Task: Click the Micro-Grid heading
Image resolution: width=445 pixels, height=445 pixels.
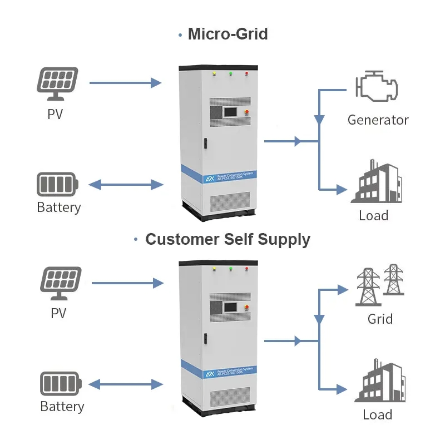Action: click(x=228, y=34)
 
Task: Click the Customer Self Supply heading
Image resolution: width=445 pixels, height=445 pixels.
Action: click(x=228, y=240)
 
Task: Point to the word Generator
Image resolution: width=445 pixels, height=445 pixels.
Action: click(x=378, y=120)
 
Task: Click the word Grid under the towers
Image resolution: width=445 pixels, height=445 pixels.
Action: click(x=380, y=319)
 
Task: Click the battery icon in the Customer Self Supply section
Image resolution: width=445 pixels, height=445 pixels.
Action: click(x=61, y=384)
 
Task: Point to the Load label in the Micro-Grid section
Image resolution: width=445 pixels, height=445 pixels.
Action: click(x=373, y=215)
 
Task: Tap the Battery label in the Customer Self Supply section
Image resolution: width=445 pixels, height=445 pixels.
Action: click(x=62, y=407)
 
